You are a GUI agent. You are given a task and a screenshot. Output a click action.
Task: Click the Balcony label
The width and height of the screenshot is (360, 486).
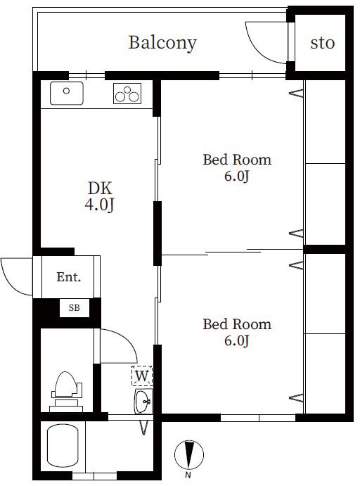click(162, 43)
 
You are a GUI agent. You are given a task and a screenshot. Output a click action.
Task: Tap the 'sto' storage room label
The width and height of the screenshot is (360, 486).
click(323, 43)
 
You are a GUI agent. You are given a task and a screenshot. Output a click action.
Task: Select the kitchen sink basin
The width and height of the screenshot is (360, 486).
click(67, 93)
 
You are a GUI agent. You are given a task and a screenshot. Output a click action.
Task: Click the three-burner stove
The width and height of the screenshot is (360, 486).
click(127, 94)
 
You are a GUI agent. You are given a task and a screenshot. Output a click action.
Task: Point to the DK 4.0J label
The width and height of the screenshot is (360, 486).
click(100, 196)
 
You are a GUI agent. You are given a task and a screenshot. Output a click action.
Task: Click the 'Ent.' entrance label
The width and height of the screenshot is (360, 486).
click(69, 277)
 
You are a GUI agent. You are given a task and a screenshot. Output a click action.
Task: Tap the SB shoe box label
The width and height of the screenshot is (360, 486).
click(75, 308)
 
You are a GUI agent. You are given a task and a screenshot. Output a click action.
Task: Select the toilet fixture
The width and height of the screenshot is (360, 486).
click(66, 392)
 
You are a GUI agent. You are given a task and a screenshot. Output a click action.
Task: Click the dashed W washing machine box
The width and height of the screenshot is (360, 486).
click(142, 376)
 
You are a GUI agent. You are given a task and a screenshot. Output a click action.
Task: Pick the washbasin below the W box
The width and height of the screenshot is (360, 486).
click(143, 402)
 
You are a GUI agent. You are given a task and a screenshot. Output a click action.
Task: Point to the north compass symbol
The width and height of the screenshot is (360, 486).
click(189, 454)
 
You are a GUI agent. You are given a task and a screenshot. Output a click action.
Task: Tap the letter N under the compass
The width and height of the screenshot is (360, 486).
click(188, 475)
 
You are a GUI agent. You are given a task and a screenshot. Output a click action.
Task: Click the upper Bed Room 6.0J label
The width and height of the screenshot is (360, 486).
click(237, 167)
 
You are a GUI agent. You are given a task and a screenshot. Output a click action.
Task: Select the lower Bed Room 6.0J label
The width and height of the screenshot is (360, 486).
click(237, 332)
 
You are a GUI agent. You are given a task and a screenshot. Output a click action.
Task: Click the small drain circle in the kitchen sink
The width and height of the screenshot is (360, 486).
click(66, 91)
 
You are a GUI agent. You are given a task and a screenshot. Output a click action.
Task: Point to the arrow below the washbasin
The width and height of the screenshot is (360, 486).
click(143, 428)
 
